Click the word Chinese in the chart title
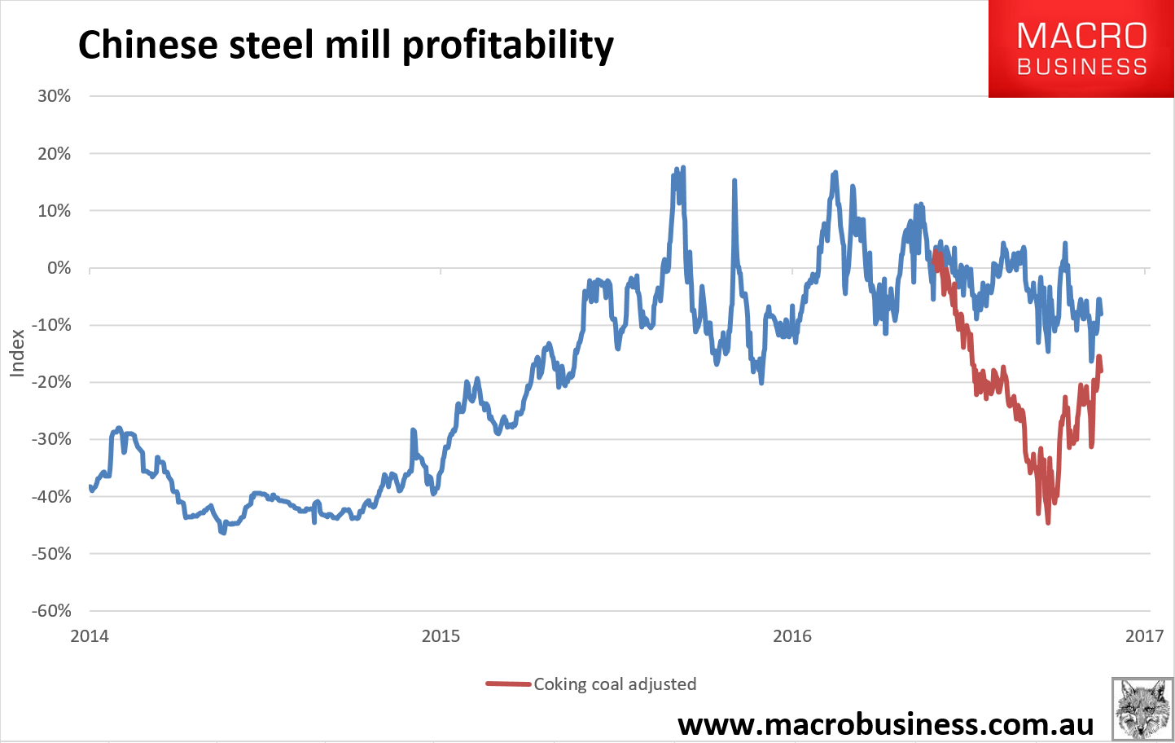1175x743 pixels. [x=147, y=45]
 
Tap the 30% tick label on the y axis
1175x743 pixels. [x=55, y=96]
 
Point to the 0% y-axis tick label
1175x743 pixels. [x=59, y=268]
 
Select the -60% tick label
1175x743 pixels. [x=51, y=611]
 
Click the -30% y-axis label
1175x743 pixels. [x=51, y=439]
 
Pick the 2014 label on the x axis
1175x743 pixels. [x=90, y=636]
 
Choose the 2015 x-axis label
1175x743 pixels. [x=441, y=636]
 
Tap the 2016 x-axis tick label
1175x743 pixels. [x=792, y=636]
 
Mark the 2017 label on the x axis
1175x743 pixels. [x=1144, y=636]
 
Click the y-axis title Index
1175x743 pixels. [x=17, y=353]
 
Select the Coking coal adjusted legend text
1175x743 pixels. [x=615, y=684]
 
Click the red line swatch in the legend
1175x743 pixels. [x=508, y=684]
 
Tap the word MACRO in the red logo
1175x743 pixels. [x=1082, y=36]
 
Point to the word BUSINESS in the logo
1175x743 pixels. [x=1082, y=68]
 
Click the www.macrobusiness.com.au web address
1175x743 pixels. [x=885, y=723]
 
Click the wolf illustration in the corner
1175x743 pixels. [x=1142, y=708]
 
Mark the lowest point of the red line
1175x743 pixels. [x=1048, y=522]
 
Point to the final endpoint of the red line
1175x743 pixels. [x=1101, y=371]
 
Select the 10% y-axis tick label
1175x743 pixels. [x=55, y=211]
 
